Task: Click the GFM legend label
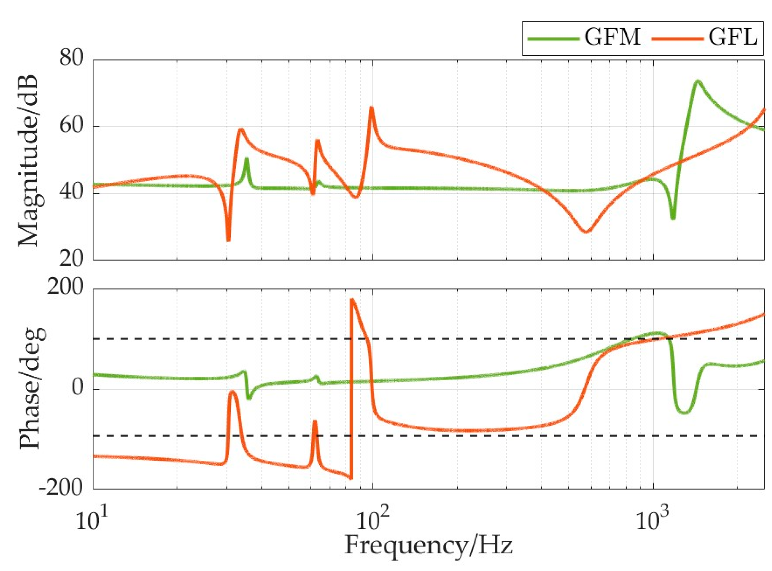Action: (x=612, y=37)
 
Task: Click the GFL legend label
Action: (x=732, y=37)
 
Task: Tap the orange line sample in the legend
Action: (x=677, y=38)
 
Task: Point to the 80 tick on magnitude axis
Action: (x=71, y=58)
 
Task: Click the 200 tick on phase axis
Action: (x=65, y=288)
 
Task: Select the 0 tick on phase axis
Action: (x=77, y=388)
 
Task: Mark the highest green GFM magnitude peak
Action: (x=698, y=81)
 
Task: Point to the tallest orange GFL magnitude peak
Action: (x=371, y=107)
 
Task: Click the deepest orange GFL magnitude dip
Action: (x=228, y=240)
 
